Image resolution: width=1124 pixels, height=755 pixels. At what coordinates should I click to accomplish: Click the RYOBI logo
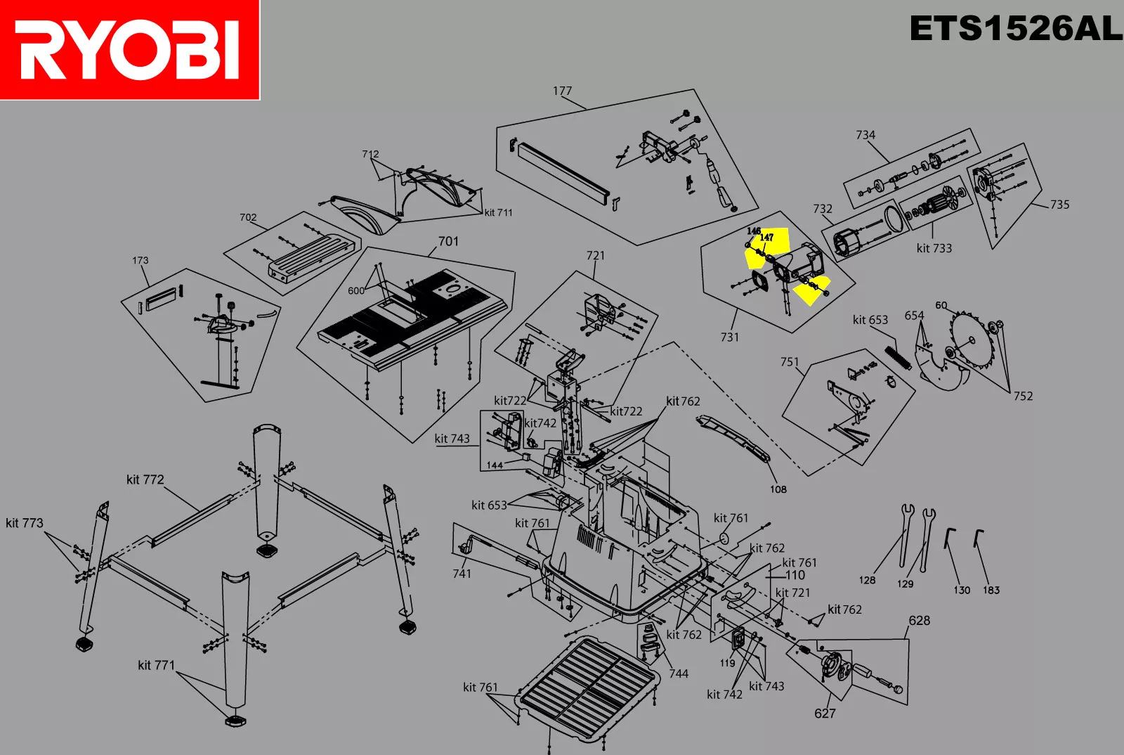[x=130, y=49]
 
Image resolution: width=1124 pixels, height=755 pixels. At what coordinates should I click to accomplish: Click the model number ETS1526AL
[x=1015, y=30]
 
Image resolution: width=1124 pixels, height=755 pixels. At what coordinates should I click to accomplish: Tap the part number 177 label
[x=562, y=91]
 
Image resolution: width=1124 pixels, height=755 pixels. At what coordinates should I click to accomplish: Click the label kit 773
[x=25, y=523]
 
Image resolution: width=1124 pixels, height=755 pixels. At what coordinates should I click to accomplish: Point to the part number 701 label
[x=448, y=242]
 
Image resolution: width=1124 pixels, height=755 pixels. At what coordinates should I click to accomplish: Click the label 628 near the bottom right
[x=919, y=621]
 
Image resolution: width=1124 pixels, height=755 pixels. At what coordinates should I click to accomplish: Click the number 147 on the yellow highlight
[x=766, y=238]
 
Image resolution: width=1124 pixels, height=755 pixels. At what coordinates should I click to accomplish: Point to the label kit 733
[x=934, y=248]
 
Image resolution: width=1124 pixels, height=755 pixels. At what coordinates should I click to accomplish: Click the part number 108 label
[x=778, y=489]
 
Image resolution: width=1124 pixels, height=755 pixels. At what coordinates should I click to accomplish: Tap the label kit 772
[x=145, y=479]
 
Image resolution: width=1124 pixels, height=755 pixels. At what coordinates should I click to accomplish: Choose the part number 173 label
[x=140, y=260]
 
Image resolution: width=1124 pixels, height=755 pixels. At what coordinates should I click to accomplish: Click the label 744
[x=678, y=673]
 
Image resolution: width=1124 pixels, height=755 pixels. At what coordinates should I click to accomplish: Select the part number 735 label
[x=1059, y=205]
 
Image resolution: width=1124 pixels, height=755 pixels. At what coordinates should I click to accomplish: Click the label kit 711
[x=498, y=212]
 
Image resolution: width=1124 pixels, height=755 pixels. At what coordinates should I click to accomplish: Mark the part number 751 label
[x=790, y=362]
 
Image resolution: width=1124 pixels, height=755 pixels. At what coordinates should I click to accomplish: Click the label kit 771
[x=156, y=665]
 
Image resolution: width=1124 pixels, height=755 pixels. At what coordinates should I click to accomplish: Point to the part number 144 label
[x=495, y=465]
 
